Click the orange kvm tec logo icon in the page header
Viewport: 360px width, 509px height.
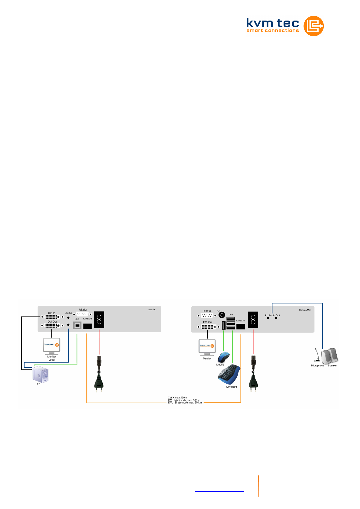[x=313, y=26]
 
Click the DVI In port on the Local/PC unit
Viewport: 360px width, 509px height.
[x=52, y=317]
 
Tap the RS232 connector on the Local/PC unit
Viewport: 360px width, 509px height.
[x=82, y=314]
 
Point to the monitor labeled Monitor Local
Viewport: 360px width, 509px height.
[x=52, y=346]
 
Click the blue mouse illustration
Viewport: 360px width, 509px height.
[x=223, y=357]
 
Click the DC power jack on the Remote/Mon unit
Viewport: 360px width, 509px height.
[x=222, y=315]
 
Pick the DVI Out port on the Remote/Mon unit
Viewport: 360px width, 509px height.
[x=208, y=327]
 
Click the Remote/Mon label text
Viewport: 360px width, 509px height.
[x=305, y=310]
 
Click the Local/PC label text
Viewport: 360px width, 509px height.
[x=152, y=310]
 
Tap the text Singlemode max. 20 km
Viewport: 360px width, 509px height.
[x=188, y=403]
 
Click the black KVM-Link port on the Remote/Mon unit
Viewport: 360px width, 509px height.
[x=241, y=326]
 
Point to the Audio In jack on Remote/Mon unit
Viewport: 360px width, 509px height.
[x=268, y=318]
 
